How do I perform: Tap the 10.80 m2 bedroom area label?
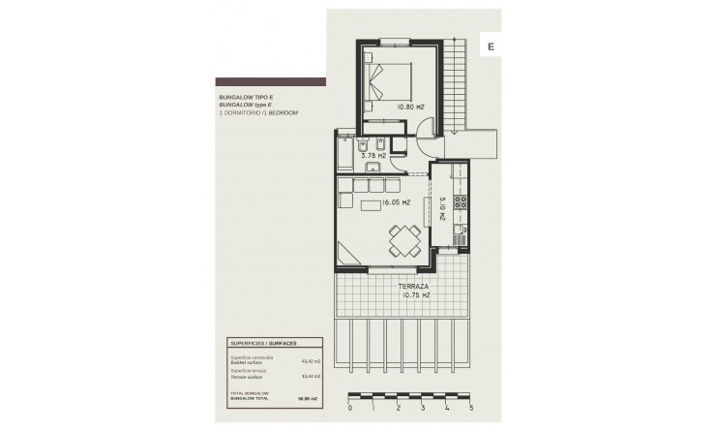pos(410,108)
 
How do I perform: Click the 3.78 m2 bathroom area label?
pos(373,155)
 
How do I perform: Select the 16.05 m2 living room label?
pos(396,203)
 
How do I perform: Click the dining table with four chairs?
pos(403,236)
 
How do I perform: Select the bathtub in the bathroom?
pos(345,153)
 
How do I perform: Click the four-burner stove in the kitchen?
pos(461,203)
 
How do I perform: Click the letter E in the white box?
pos(492,46)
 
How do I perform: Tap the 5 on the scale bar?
pos(470,410)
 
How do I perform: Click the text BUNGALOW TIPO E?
pos(247,98)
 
